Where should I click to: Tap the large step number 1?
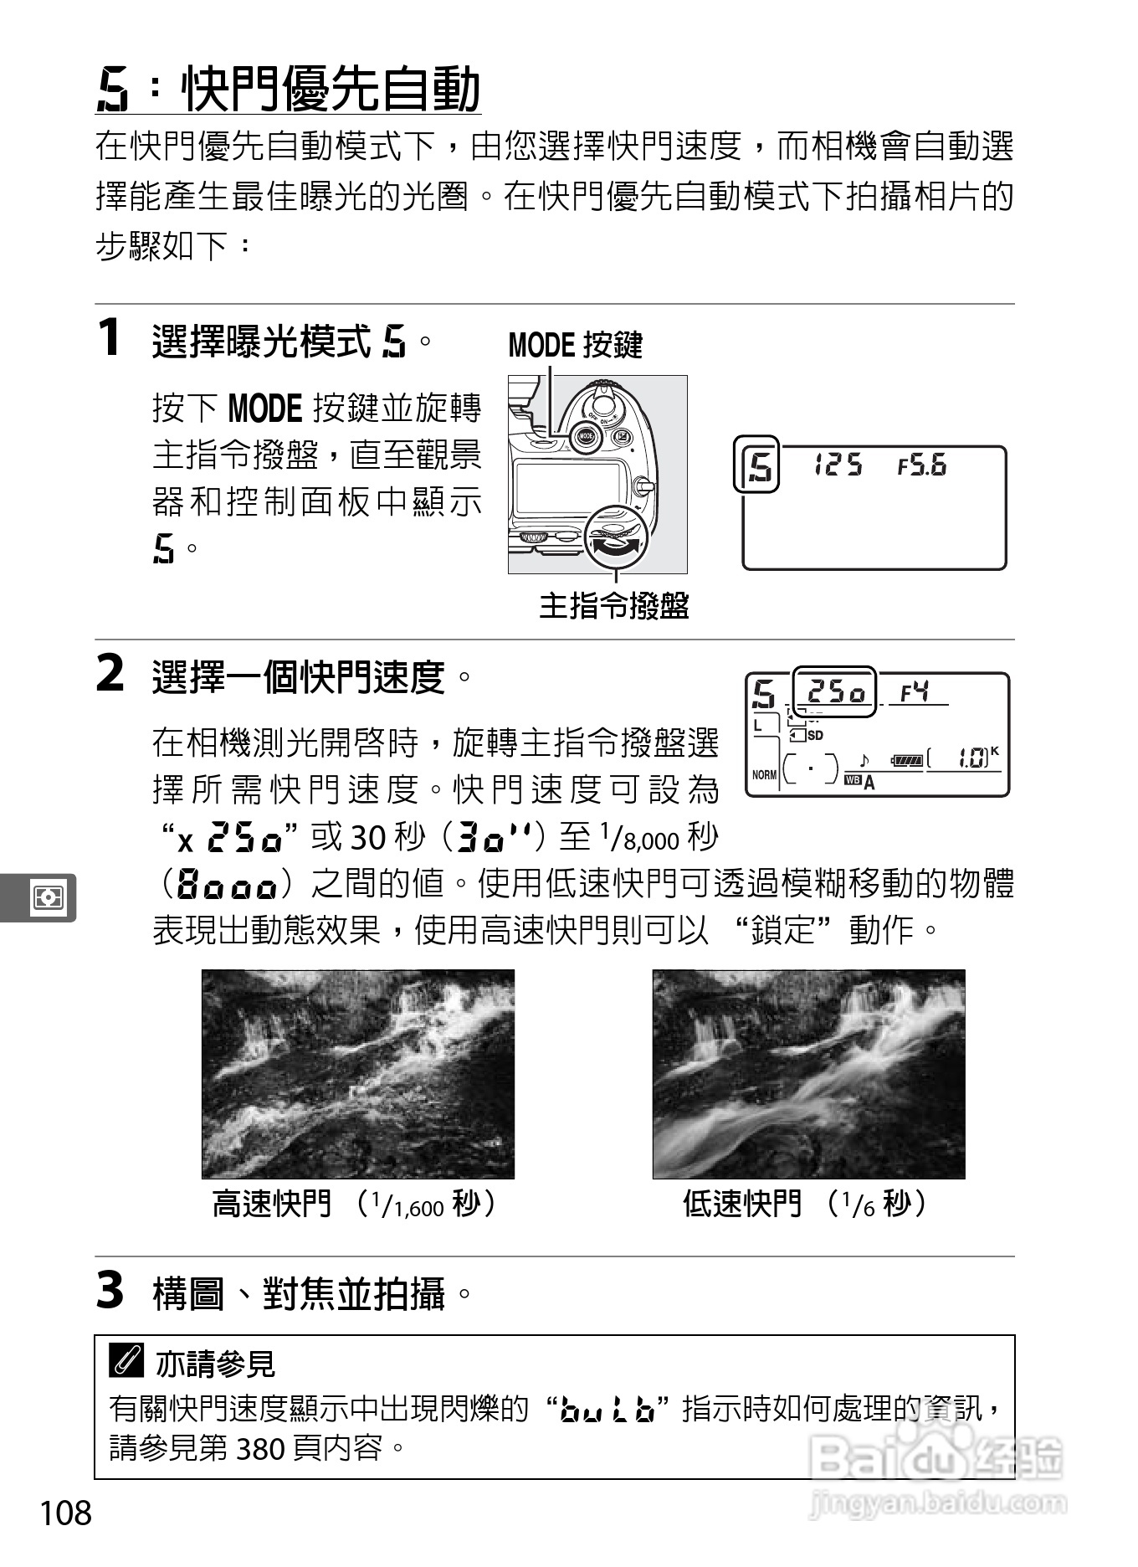110,338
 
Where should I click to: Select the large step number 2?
110,674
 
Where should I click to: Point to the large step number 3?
110,1290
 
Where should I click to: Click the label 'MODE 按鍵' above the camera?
575,345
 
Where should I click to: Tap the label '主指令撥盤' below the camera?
613,605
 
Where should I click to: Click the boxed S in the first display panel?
756,465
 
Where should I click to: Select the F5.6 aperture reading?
921,465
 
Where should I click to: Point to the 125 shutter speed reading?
838,465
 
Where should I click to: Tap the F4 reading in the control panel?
915,692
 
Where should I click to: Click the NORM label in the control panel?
764,775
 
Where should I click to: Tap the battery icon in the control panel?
907,760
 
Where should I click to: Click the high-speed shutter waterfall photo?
358,1074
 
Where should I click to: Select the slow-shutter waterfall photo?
808,1074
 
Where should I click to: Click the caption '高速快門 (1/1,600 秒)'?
356,1205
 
